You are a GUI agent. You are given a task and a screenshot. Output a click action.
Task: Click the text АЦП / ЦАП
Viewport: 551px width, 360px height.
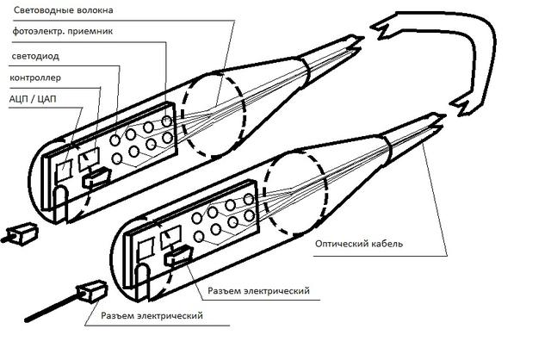pos(33,99)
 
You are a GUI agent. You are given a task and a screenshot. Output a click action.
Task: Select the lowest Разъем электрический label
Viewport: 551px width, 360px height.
pos(152,316)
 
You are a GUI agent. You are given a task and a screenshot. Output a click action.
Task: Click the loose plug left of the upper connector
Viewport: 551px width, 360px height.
pos(20,235)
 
